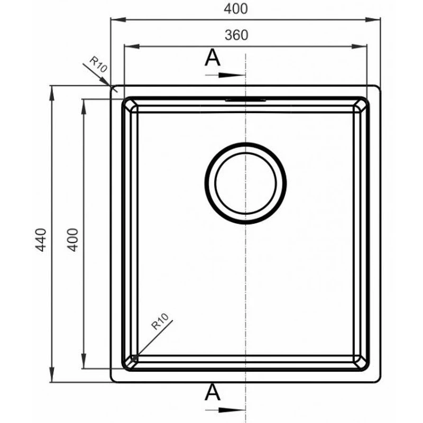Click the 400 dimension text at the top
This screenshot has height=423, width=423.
(236, 9)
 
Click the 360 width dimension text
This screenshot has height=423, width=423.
(236, 35)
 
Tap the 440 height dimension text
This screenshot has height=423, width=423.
(41, 240)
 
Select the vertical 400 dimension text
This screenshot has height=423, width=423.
(72, 240)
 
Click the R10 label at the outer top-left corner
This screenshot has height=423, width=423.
(98, 64)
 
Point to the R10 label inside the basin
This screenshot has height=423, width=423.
(160, 321)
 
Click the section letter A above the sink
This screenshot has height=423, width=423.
(213, 58)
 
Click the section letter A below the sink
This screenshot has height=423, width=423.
(213, 392)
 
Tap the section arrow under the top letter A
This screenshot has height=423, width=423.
(225, 75)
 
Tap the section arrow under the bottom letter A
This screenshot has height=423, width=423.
(225, 410)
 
